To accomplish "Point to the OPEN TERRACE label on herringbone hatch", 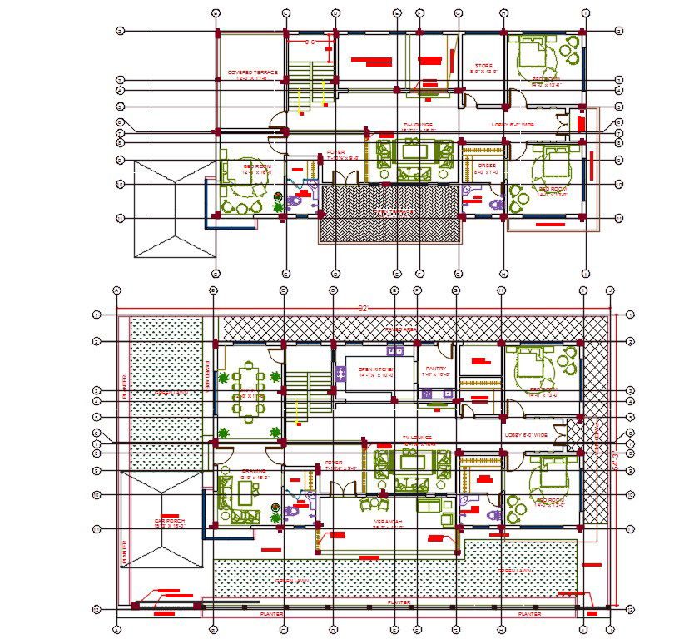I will tap(391, 212).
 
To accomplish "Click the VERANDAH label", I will tap(387, 523).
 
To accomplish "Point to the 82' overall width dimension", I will tap(362, 309).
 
